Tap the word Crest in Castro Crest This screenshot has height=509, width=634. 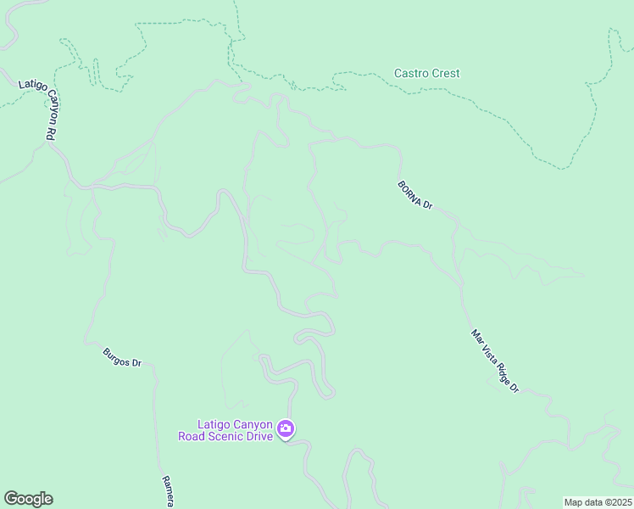445,74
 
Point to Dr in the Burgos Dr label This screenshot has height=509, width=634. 137,366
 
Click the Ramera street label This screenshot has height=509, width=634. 168,492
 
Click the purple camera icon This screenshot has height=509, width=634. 286,429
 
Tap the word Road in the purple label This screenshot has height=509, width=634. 194,437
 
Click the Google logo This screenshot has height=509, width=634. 28,499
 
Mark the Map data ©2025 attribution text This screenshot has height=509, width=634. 598,502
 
